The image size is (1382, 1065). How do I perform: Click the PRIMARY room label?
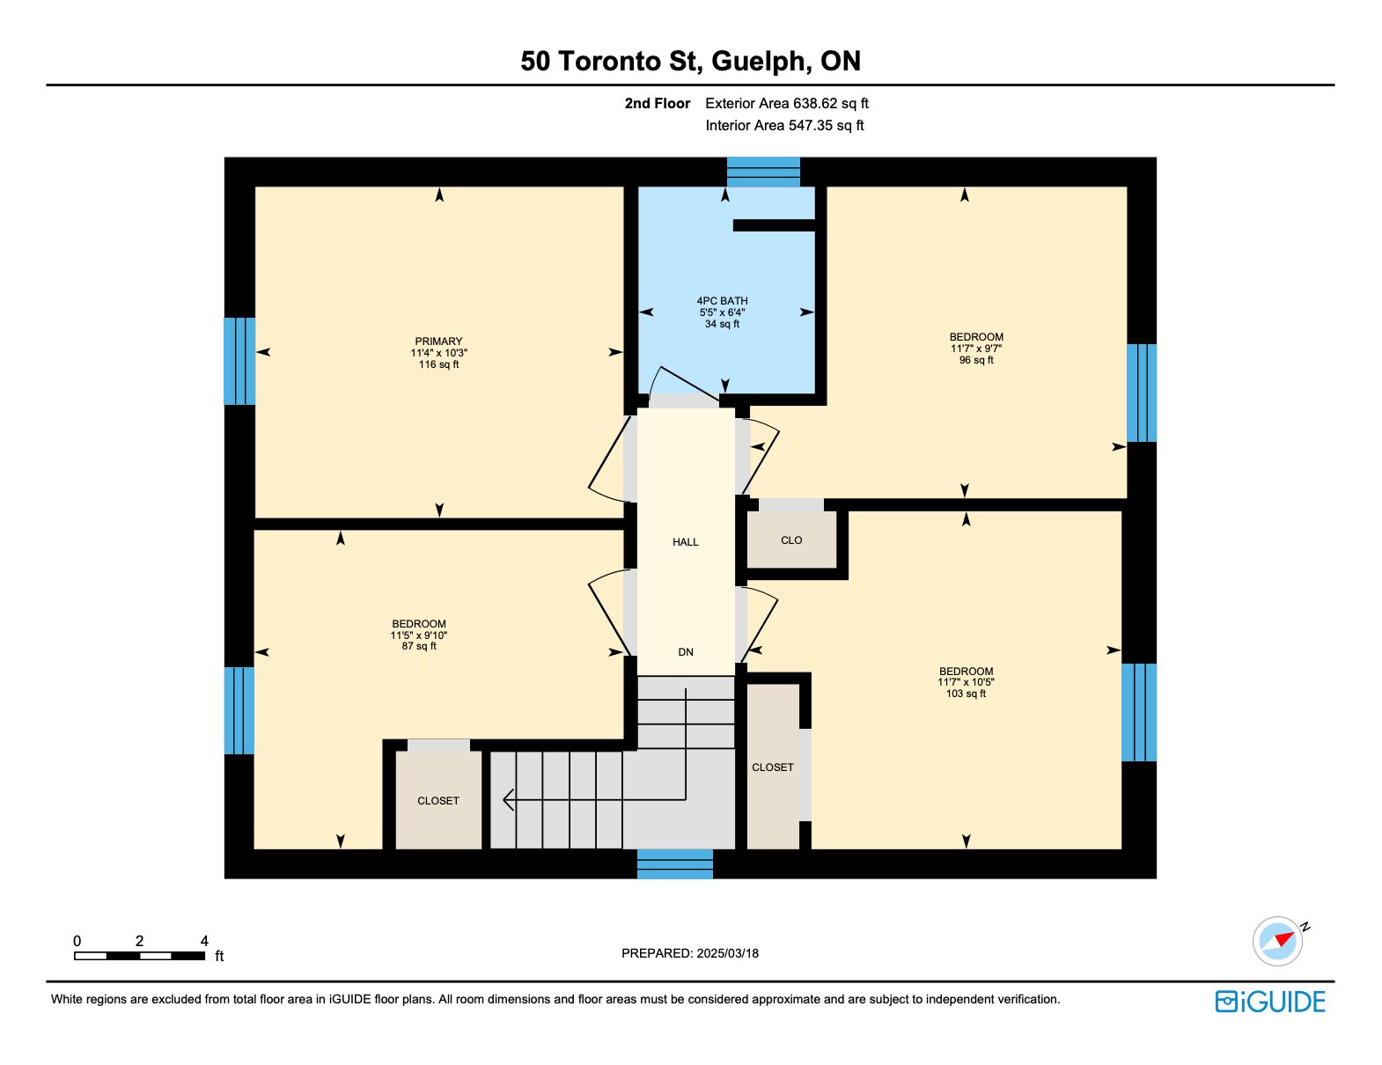(x=438, y=342)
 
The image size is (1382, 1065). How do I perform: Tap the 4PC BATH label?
(x=722, y=301)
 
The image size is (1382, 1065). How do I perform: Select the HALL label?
(x=686, y=541)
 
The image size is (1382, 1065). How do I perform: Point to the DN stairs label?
(x=686, y=651)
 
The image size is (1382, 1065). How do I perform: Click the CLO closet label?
(x=791, y=540)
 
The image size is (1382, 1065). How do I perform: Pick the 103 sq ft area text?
(x=966, y=694)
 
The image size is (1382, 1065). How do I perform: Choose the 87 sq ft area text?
(x=419, y=646)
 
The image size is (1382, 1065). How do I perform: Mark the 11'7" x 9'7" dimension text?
(x=976, y=349)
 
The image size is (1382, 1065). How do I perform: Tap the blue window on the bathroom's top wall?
(x=763, y=172)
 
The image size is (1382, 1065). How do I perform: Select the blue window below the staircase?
(x=675, y=863)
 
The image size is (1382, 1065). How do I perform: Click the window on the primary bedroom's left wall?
(x=239, y=361)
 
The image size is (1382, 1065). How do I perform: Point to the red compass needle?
(x=1284, y=939)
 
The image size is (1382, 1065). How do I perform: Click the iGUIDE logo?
(x=1270, y=1002)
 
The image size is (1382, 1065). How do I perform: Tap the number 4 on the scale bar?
(x=204, y=940)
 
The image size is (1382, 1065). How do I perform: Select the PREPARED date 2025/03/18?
(x=728, y=953)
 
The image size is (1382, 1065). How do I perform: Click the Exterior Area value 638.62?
(x=812, y=103)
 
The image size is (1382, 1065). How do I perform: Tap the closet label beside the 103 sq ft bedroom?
(x=773, y=768)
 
